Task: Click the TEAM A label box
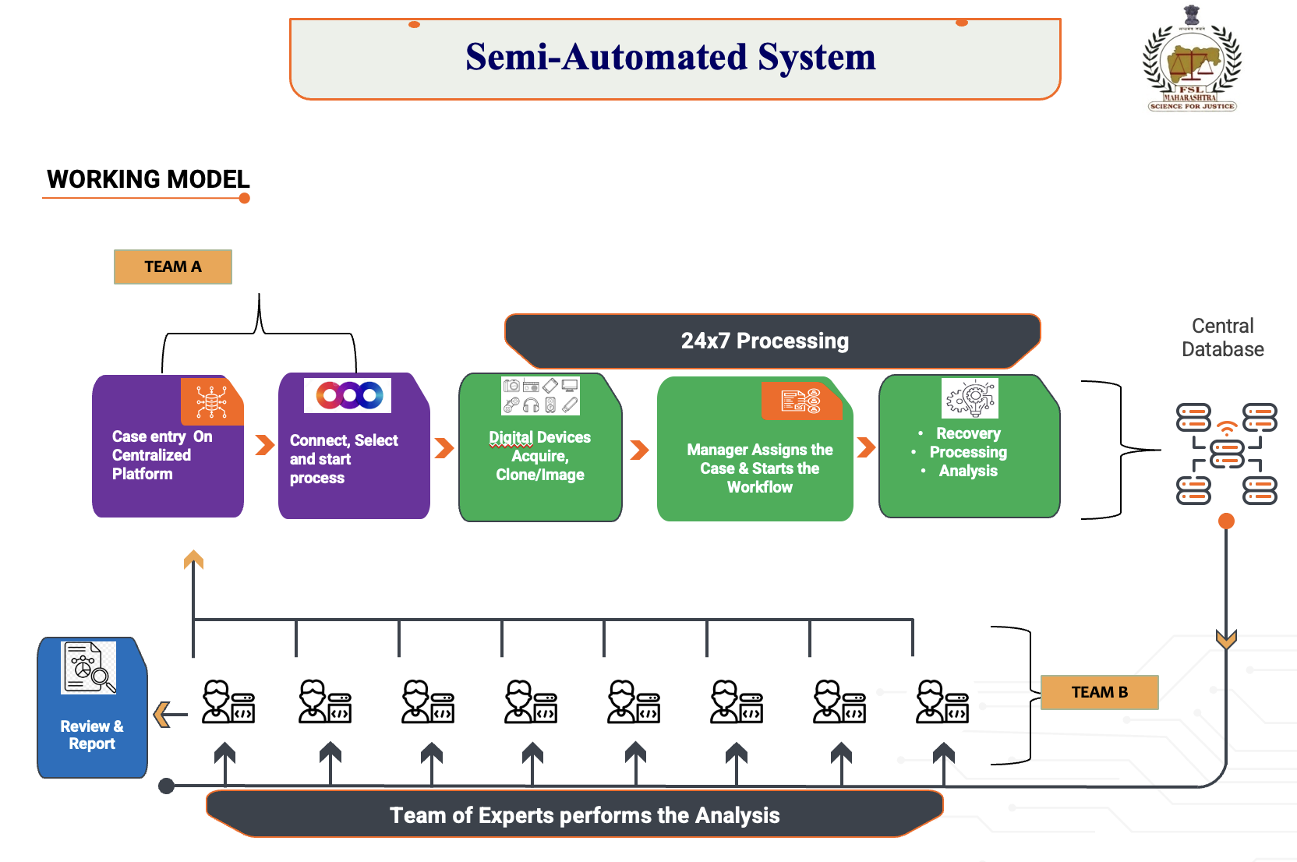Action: pos(172,267)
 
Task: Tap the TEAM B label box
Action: pos(1099,692)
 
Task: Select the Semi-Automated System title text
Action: pos(670,57)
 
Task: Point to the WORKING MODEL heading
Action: pos(148,179)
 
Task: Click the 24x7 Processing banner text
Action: pos(765,341)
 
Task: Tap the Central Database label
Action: pos(1222,337)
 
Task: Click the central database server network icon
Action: pos(1226,453)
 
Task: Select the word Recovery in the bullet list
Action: pos(968,433)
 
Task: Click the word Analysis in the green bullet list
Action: pos(968,471)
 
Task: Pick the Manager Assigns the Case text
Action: pos(759,468)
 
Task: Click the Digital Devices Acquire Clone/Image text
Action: pos(539,456)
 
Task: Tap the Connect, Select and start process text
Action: pos(343,459)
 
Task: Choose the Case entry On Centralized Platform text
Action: pos(161,455)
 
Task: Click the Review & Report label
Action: pos(92,735)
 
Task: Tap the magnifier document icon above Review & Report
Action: pos(89,667)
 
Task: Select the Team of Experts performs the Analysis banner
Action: pos(584,815)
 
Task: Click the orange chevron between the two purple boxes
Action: pos(265,445)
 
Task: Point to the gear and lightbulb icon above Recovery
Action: pos(970,398)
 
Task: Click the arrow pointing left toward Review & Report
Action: pos(168,714)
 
